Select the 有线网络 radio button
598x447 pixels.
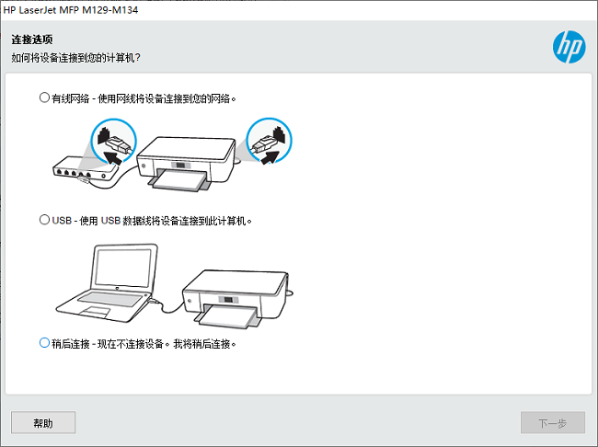tap(44, 97)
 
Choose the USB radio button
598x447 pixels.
tap(44, 221)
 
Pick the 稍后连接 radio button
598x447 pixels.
tap(44, 343)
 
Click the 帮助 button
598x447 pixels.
tap(43, 423)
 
